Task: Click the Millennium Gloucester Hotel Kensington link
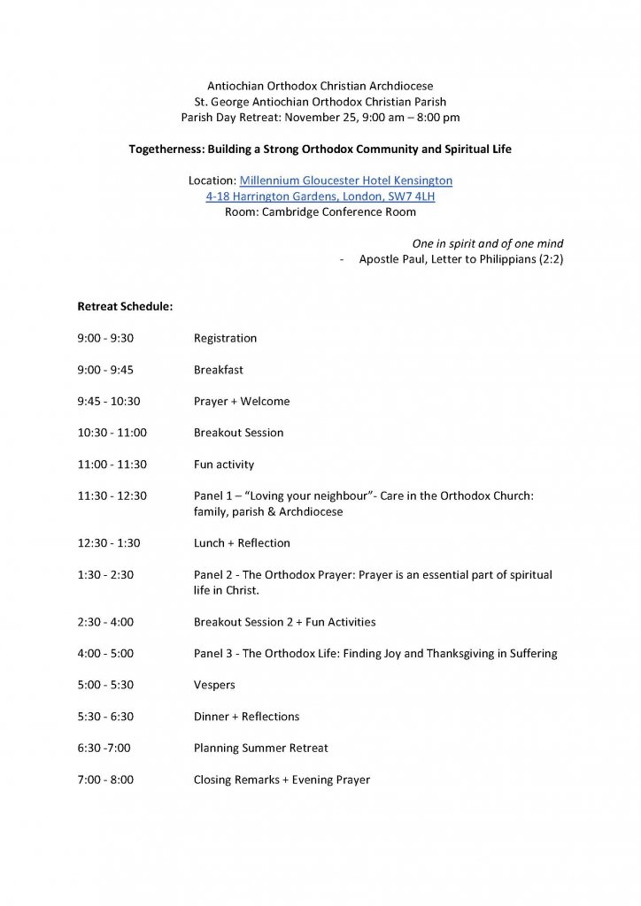tap(345, 180)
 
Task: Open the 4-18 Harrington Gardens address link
tap(320, 196)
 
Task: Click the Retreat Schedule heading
tap(125, 307)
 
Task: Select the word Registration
tap(225, 338)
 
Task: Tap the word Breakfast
tap(218, 370)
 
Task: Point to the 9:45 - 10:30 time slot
tap(108, 402)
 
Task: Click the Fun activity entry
tap(224, 465)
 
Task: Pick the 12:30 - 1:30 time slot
tap(109, 543)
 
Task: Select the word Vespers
tap(214, 685)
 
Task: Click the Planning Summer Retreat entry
tap(260, 749)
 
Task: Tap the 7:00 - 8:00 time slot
tap(105, 780)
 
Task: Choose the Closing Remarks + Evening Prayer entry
tap(282, 780)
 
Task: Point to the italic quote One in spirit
tap(487, 243)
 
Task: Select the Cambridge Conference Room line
tap(320, 212)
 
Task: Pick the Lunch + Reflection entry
tap(242, 543)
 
